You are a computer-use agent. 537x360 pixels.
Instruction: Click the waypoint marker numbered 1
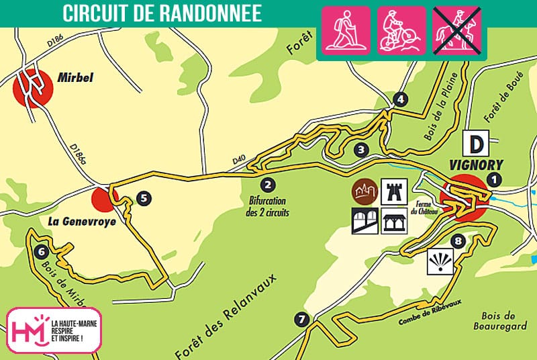[x=495, y=179]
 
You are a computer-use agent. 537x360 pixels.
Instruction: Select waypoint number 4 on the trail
[x=401, y=100]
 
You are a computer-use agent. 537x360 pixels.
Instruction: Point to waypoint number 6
[x=41, y=252]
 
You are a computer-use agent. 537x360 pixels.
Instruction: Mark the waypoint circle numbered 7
[x=301, y=319]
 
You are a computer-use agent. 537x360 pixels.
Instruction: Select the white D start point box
[x=476, y=144]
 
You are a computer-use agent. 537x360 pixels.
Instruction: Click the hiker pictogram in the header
[x=346, y=30]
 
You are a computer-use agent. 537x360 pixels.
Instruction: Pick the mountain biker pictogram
[x=401, y=30]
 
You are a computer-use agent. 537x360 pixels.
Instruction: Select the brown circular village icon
[x=363, y=192]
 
